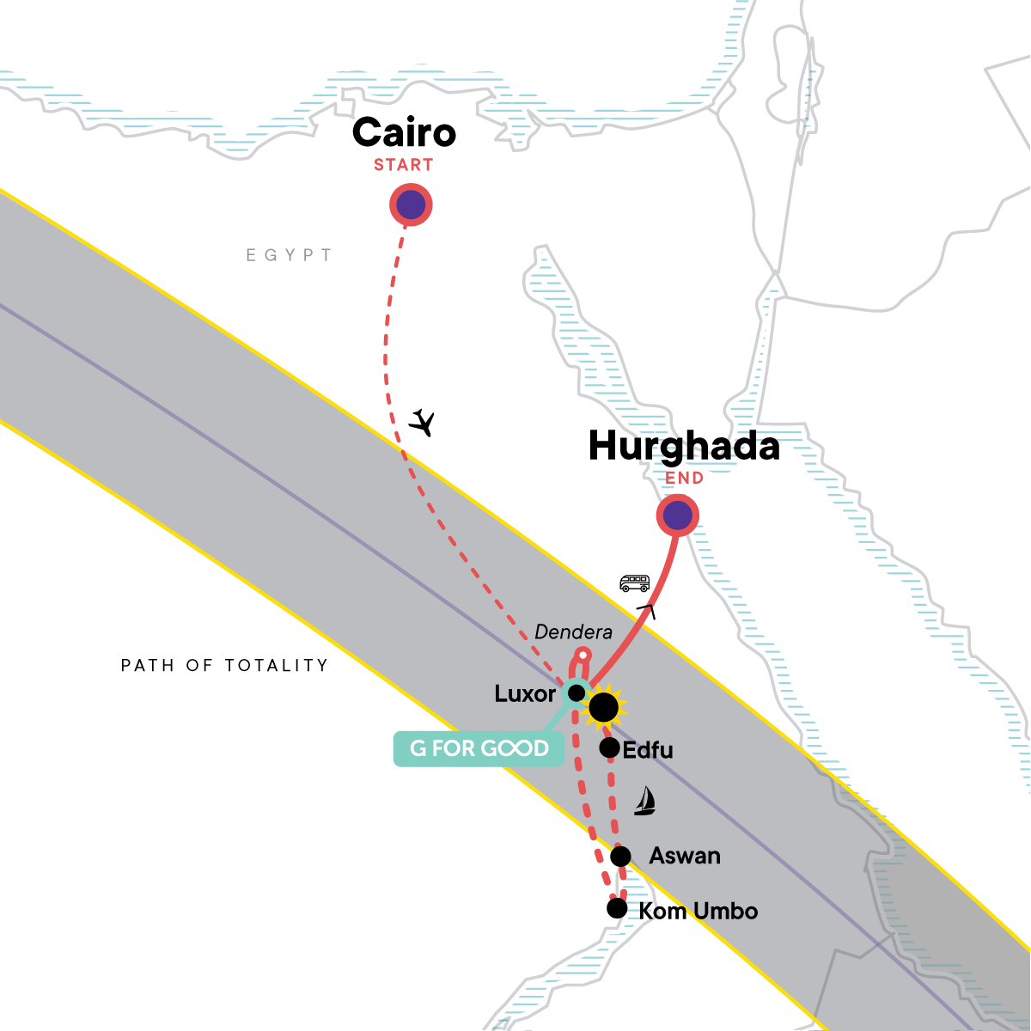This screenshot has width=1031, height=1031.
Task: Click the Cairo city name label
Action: coord(404,132)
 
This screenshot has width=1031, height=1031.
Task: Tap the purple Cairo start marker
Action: coord(411,205)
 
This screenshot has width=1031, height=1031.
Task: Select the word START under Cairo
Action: coord(403,165)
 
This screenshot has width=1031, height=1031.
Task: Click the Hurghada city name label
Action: coord(684,446)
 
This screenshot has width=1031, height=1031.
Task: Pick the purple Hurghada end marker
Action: coord(678,516)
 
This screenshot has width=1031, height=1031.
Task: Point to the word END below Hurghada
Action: coord(685,479)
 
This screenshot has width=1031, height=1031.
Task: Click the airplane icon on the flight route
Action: coord(421,423)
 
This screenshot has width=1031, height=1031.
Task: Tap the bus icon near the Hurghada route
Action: coord(635,584)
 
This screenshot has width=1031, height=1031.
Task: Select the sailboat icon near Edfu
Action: coord(644,801)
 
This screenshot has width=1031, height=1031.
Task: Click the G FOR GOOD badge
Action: coord(479,748)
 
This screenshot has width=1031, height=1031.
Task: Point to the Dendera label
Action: coord(573,632)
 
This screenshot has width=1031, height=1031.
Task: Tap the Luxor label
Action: coord(525,693)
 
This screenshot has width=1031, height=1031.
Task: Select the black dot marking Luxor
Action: coord(577,692)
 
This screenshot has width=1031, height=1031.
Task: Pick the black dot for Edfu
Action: coord(609,747)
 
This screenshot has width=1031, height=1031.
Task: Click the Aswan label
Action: coord(684,856)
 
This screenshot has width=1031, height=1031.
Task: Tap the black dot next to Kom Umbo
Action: coord(617,908)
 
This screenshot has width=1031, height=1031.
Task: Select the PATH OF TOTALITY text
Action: coord(224,665)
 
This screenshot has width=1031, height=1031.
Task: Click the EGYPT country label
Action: coord(289,255)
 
